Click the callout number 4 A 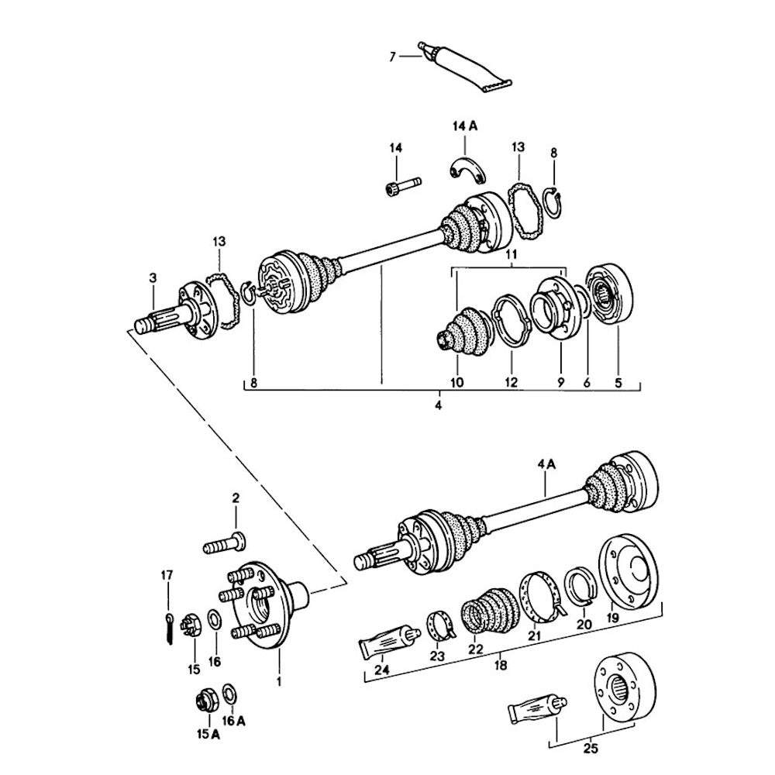[546, 465]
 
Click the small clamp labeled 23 [439, 625]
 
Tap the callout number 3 [153, 277]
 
